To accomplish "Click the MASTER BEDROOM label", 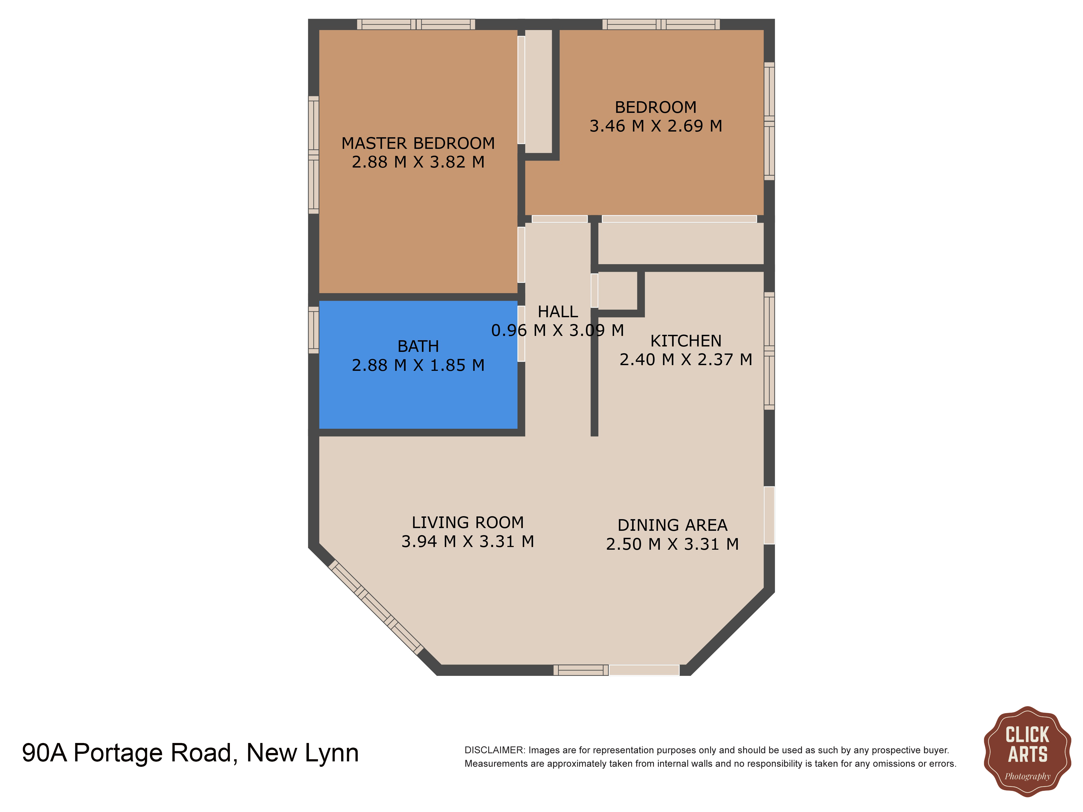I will click(x=417, y=143).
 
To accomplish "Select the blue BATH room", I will click(x=417, y=392).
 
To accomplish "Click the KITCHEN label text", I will click(x=686, y=341).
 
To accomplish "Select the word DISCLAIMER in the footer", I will click(x=494, y=750).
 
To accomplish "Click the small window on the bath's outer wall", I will click(x=313, y=330).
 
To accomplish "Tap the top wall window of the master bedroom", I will click(x=416, y=24).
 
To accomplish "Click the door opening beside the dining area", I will click(x=769, y=515).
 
